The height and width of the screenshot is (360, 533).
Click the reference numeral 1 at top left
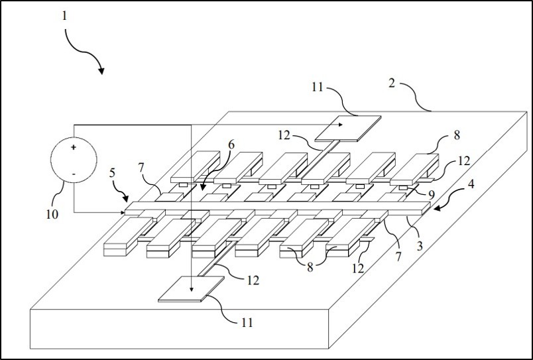coord(64,15)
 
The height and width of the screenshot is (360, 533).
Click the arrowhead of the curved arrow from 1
coord(101,71)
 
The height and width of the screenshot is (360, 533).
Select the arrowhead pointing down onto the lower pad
coord(190,288)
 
